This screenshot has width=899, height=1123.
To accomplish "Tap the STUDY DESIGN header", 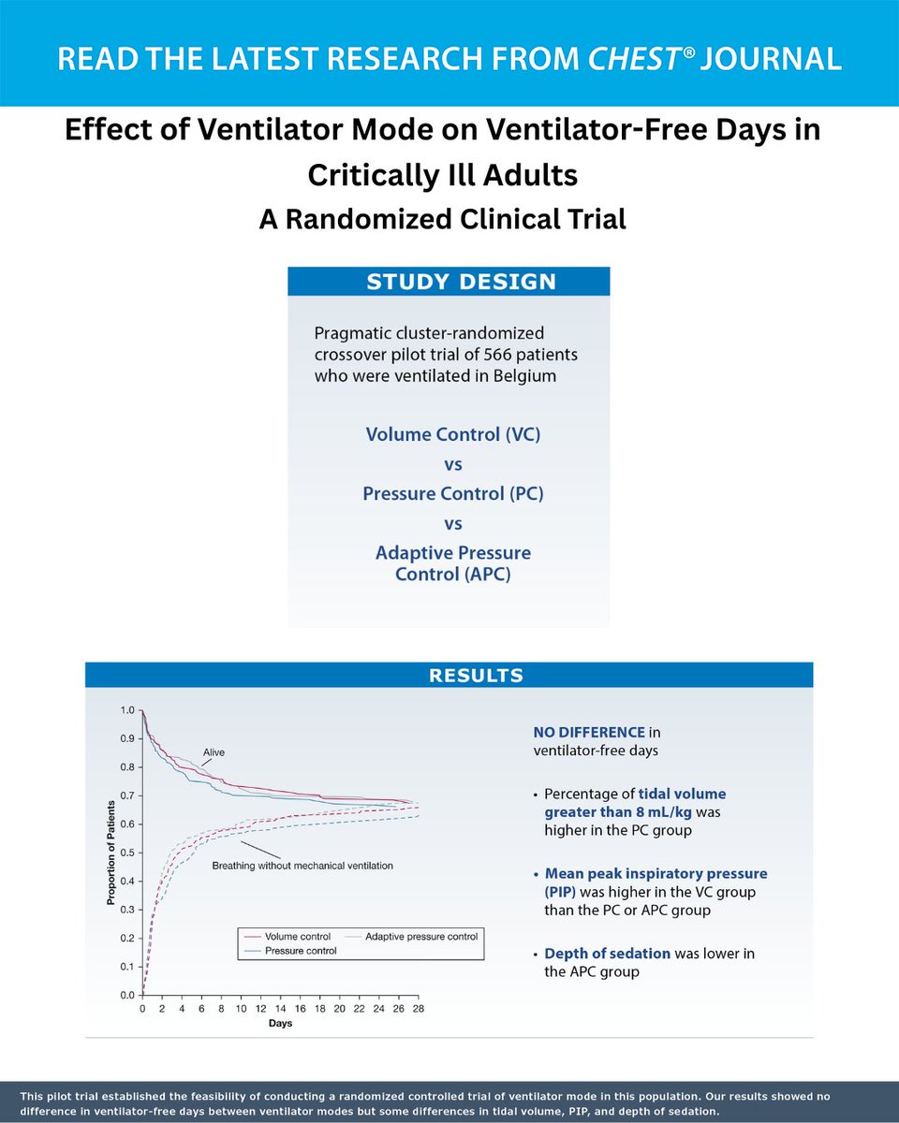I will click(448, 282).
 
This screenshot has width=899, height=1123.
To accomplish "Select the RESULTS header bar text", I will click(449, 676).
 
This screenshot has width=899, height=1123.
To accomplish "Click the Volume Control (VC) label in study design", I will click(453, 434).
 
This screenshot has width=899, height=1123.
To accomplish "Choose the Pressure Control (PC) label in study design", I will click(453, 493).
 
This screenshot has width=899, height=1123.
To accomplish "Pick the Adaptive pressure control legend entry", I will click(421, 936).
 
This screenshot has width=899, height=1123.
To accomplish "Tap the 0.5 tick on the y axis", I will click(127, 853).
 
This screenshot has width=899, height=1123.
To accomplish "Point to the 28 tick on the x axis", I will click(419, 1010).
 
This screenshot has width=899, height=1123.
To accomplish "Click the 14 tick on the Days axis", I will click(280, 1010).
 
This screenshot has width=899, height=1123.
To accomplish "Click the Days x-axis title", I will click(280, 1024).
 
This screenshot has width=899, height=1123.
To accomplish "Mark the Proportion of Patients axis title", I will click(111, 852).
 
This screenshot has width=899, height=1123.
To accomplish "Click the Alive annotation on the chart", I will click(214, 752).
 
